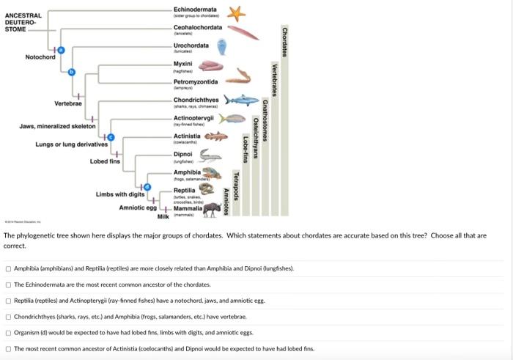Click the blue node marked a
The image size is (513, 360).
point(62,49)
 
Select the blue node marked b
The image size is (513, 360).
point(72,71)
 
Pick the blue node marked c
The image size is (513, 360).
point(111,137)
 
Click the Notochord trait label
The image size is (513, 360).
point(40,57)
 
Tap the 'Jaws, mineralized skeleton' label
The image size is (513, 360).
point(53,127)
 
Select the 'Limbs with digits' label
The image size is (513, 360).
point(120,194)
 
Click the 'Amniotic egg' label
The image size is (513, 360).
point(136,207)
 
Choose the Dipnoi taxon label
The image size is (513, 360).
point(183,154)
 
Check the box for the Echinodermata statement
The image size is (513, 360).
point(8,284)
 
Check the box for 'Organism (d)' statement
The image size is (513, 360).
point(8,332)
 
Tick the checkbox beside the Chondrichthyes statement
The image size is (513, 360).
point(8,316)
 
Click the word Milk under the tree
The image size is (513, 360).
point(163,217)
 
